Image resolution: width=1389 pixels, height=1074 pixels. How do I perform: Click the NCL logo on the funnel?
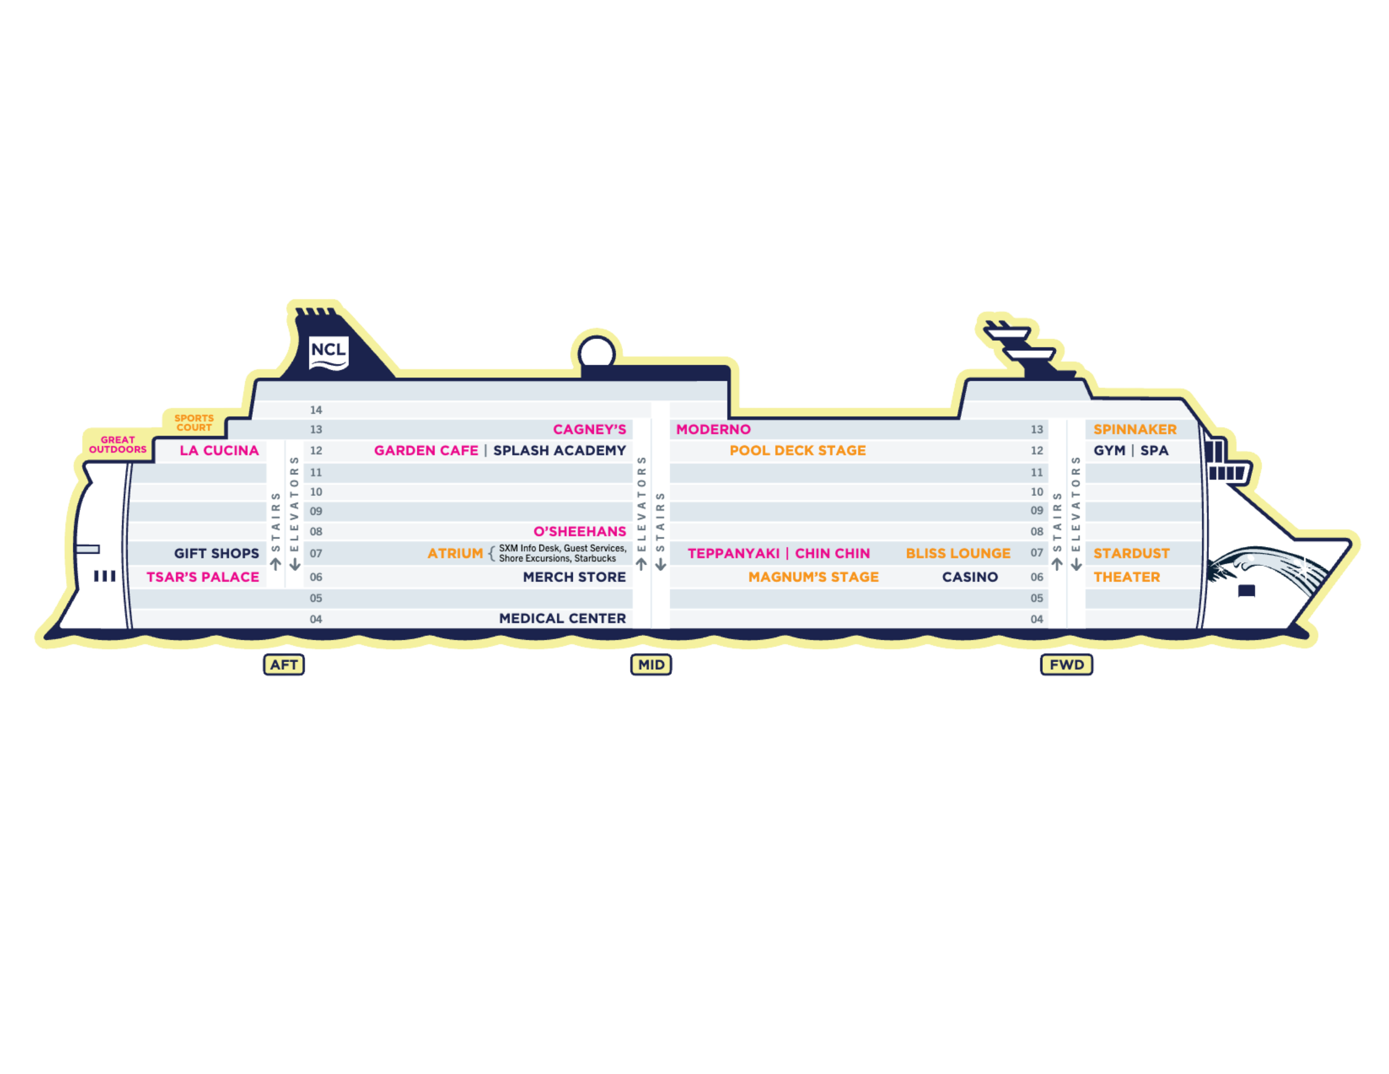coord(328,352)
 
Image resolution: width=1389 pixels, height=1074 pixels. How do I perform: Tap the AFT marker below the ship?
coord(284,665)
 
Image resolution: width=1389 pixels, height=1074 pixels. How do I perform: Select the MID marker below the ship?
coord(651,665)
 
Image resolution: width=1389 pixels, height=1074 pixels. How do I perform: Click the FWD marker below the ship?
coord(1067,665)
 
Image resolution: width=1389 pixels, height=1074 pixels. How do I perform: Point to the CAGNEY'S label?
coord(589,430)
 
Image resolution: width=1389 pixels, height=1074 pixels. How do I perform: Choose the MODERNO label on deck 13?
coord(713,430)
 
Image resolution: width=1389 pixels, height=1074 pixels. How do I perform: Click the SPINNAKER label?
coord(1135,430)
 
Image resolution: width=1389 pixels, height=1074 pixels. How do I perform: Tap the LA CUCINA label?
coord(219,450)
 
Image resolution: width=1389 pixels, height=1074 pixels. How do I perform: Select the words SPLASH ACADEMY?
coord(559,450)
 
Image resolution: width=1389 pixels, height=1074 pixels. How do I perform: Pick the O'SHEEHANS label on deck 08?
coord(579,531)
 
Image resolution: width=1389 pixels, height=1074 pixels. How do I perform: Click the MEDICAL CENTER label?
coord(562,619)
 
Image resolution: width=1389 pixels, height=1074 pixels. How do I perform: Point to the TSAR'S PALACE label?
coord(203,577)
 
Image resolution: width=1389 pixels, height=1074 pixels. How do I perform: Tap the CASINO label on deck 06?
coord(970,577)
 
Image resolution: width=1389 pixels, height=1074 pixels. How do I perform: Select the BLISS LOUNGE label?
coord(958,554)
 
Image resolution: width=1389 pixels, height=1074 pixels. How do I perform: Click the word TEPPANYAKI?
coord(733,554)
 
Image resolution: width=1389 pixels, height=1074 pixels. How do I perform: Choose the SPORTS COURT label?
coord(194,422)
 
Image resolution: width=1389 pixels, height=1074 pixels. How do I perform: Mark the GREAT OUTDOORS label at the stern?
coord(118,444)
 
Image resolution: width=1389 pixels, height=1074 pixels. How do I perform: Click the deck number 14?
coord(316,410)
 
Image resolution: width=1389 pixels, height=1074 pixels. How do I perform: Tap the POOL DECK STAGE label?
coord(797,450)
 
